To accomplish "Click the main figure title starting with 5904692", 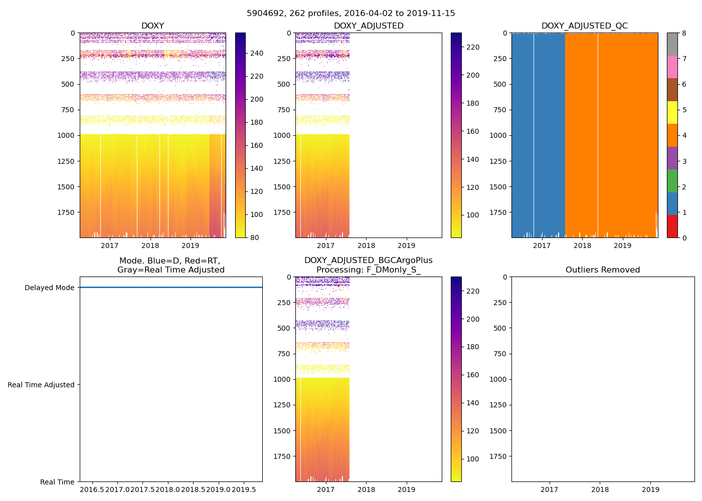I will (x=351, y=14).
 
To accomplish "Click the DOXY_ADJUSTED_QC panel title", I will (x=584, y=26).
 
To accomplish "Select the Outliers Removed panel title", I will (x=603, y=270).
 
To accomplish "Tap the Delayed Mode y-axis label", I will (x=49, y=288).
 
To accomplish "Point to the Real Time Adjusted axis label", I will (x=41, y=385).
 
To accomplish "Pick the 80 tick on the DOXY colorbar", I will (x=255, y=237).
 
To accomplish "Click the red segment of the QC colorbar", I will (x=672, y=226).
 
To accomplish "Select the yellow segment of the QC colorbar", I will (x=672, y=113).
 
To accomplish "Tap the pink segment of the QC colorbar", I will (x=672, y=67).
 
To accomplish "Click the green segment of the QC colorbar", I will (x=672, y=181).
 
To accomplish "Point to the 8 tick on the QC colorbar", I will (x=684, y=33).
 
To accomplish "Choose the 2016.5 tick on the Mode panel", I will (x=92, y=489).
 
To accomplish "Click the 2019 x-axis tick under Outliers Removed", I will (x=651, y=489).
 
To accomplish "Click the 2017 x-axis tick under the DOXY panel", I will (x=109, y=245).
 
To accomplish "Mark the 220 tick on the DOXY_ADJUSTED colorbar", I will (x=472, y=47).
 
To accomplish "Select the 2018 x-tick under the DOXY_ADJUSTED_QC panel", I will (x=582, y=245).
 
